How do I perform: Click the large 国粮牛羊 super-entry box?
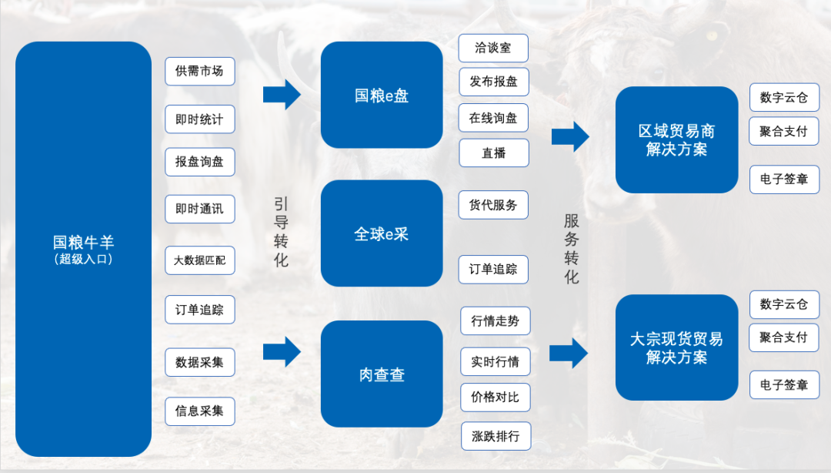[83, 249]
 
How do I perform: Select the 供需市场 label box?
[199, 72]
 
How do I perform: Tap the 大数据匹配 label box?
[199, 260]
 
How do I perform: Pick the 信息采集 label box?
[199, 411]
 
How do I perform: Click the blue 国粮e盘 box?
[382, 96]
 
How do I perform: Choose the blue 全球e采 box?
[382, 233]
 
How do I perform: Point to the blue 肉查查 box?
[382, 374]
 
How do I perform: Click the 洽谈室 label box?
[493, 48]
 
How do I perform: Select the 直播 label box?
[493, 153]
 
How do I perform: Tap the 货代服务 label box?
[493, 205]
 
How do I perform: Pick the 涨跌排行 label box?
[496, 436]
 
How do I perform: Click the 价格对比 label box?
[496, 398]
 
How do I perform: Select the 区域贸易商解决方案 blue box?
[677, 139]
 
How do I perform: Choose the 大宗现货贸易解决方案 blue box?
[677, 347]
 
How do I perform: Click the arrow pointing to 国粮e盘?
[282, 94]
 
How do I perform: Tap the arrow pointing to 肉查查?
[282, 351]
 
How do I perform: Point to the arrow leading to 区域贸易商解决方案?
[570, 137]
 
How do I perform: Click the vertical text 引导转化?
[282, 232]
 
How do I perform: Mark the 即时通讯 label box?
[199, 209]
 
